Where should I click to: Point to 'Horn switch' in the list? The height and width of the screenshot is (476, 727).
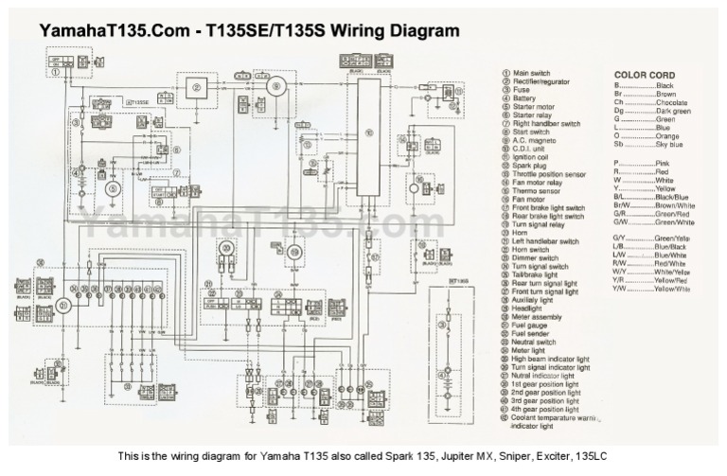point(536,250)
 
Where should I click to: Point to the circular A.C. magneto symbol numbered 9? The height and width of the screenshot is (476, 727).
point(276,87)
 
